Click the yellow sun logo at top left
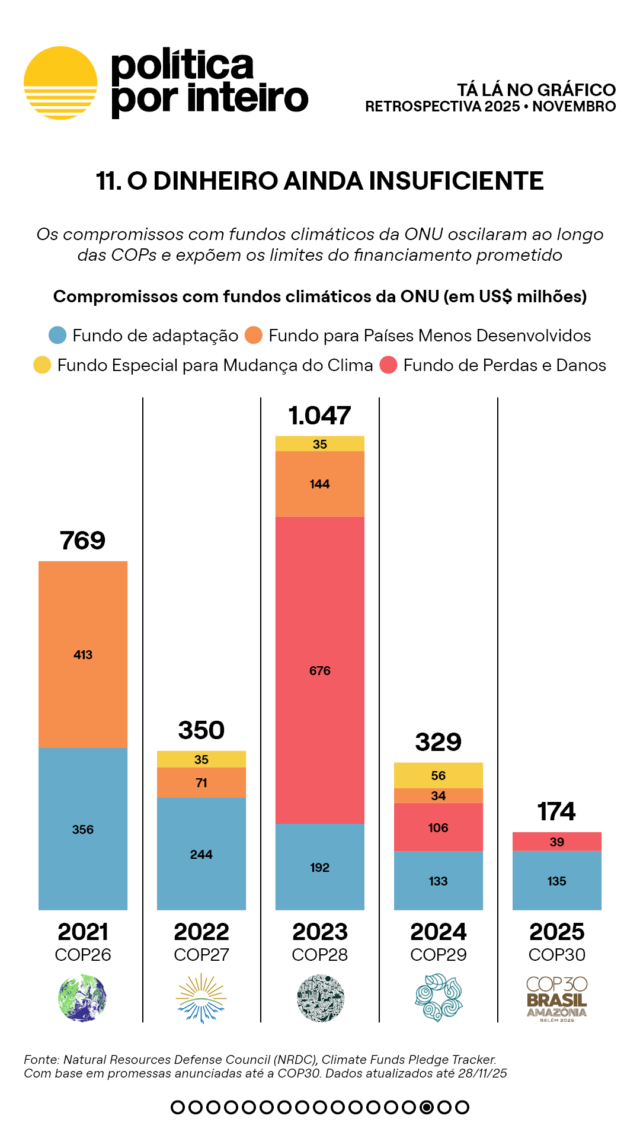tap(60, 83)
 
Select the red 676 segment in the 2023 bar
tap(320, 670)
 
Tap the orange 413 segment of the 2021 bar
tap(83, 654)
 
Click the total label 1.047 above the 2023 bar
tap(320, 415)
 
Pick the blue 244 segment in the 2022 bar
tap(201, 854)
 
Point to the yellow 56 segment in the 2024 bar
tap(439, 775)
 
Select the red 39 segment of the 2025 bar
tap(557, 842)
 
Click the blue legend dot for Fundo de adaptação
tap(57, 335)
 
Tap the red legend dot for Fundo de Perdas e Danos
tap(388, 365)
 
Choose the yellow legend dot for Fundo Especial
tap(42, 365)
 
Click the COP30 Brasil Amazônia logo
tap(557, 999)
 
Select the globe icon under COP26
tap(83, 998)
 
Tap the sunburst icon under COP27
tap(201, 998)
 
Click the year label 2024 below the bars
tap(439, 932)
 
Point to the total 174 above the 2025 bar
tap(557, 811)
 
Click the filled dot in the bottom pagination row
tap(427, 1107)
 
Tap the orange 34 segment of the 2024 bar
tap(439, 795)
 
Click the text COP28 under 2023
tap(320, 955)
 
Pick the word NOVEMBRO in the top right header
tap(574, 107)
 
